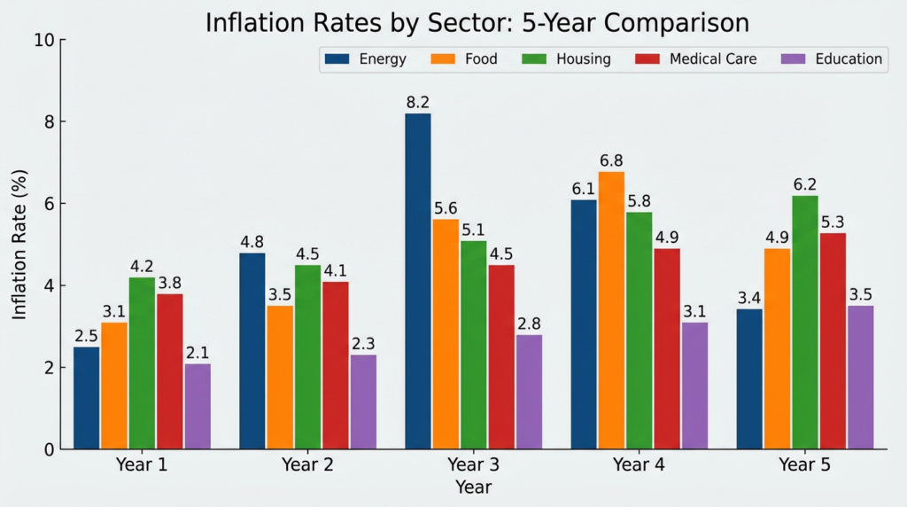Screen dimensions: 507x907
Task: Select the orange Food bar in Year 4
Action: point(611,310)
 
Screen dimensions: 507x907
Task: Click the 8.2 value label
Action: point(418,103)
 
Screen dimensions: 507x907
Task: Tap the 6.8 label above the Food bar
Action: point(611,160)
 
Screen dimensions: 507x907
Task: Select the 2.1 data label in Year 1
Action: point(198,353)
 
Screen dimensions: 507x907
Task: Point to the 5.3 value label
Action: point(833,222)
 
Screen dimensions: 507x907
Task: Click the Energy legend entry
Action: point(366,59)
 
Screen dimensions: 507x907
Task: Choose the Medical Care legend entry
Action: point(695,59)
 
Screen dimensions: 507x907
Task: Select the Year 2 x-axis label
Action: point(308,464)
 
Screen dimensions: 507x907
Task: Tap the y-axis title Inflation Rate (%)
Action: point(19,245)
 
